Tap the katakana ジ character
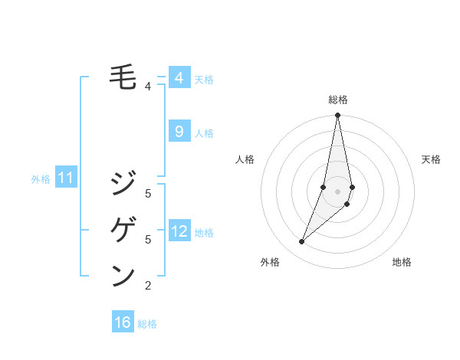click(x=123, y=183)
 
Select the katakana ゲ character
click(x=123, y=229)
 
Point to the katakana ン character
click(x=123, y=275)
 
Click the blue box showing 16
click(x=123, y=322)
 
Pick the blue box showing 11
click(x=66, y=178)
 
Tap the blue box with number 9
click(x=179, y=132)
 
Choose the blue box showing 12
click(x=179, y=231)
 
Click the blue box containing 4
click(x=179, y=78)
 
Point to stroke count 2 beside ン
click(x=148, y=286)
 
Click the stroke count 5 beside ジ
click(x=148, y=193)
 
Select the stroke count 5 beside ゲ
click(x=148, y=240)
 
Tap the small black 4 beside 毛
click(x=148, y=87)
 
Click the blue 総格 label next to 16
click(x=147, y=324)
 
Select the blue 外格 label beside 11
click(x=41, y=179)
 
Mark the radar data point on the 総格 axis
click(x=337, y=115)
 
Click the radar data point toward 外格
click(x=302, y=242)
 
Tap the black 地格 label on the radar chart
click(x=402, y=262)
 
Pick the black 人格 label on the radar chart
click(x=245, y=159)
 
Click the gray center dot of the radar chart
click(x=337, y=191)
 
